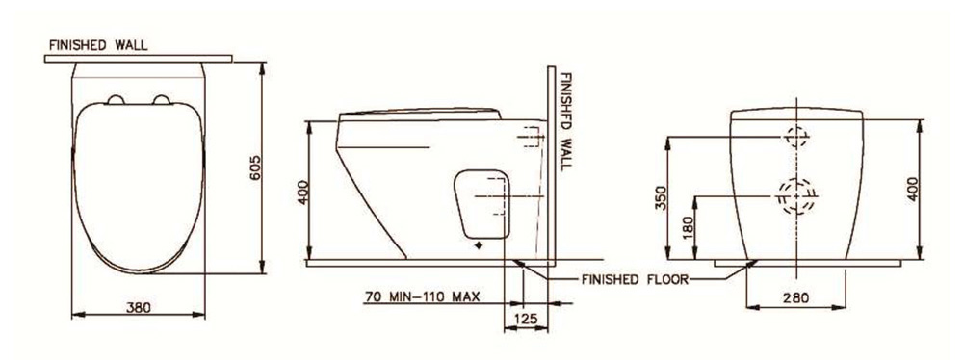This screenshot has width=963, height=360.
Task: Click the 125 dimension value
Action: point(525,318)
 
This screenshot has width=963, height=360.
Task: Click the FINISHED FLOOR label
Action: point(636,279)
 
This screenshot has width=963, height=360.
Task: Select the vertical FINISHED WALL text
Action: point(566,120)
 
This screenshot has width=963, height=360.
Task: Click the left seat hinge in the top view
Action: point(117,99)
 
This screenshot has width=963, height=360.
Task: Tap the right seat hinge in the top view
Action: point(163,99)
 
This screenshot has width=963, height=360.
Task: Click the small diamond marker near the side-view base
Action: point(479,246)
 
